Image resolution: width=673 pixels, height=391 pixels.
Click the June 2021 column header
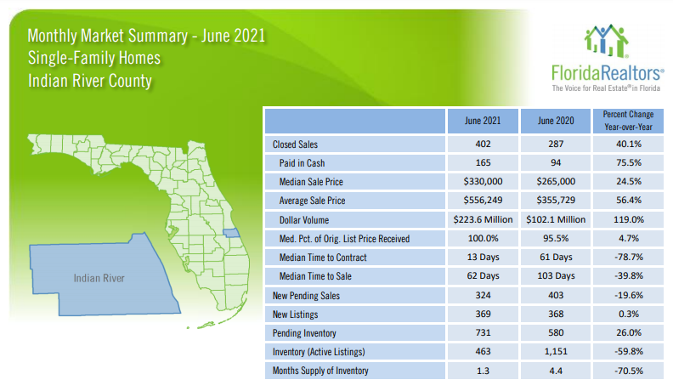coord(483,121)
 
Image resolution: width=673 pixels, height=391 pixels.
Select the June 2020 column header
coord(556,121)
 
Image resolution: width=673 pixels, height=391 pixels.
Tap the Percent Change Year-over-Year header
coord(628,121)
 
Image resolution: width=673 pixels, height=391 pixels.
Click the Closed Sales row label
coord(295,144)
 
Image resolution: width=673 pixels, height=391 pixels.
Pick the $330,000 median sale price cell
coord(483,182)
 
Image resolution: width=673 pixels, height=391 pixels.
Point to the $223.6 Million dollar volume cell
coord(483,220)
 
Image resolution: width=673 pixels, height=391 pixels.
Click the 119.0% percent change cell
coord(628,220)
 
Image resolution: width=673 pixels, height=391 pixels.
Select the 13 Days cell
coord(483,258)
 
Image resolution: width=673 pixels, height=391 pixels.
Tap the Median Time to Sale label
coord(315,276)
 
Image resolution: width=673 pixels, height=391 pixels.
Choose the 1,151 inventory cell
coord(556,352)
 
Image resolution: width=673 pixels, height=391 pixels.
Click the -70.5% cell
coord(628,371)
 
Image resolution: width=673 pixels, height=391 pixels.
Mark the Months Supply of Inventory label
coord(320,371)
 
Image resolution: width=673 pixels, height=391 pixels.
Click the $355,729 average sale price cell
coord(556,201)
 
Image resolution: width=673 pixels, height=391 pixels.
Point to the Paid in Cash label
coord(302,163)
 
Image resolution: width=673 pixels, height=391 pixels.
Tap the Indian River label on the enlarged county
coord(99,278)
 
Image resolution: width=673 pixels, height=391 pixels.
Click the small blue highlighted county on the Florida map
coord(231,233)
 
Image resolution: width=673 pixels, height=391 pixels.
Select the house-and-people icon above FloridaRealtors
coord(606,41)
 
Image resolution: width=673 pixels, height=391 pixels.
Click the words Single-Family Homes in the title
coord(94,58)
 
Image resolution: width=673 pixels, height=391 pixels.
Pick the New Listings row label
coord(295,314)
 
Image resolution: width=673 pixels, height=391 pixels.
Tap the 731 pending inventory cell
coord(483,332)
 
